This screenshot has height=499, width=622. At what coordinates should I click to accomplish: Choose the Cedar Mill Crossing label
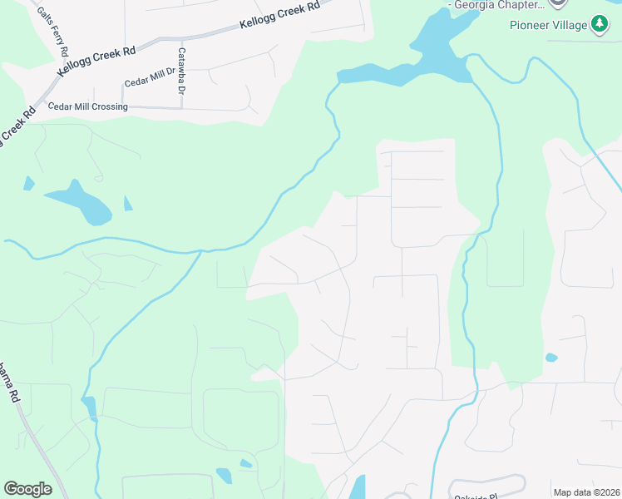(x=88, y=107)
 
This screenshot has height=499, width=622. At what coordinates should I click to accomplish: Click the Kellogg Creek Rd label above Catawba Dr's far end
(x=279, y=15)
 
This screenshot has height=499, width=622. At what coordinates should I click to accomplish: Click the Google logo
(x=27, y=489)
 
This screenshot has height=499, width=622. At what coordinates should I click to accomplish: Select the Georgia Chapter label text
(x=496, y=4)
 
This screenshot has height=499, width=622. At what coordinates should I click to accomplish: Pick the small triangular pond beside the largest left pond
(x=127, y=204)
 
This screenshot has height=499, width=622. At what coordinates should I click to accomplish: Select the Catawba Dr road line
(x=181, y=96)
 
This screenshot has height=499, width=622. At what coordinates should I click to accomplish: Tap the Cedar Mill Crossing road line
(x=191, y=107)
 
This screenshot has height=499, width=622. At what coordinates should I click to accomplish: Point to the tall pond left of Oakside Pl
(x=358, y=487)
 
